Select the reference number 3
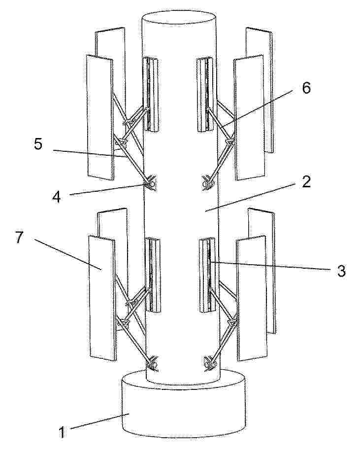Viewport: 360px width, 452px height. pyautogui.click(x=341, y=271)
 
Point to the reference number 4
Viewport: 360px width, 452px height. pyautogui.click(x=57, y=197)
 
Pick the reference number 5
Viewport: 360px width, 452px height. pyautogui.click(x=38, y=143)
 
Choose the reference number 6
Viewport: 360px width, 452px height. pyautogui.click(x=306, y=88)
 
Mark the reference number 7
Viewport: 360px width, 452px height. pyautogui.click(x=19, y=238)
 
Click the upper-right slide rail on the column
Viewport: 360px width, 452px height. pyautogui.click(x=205, y=95)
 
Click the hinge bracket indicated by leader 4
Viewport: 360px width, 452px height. pyautogui.click(x=151, y=183)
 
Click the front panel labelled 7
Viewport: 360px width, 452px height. pyautogui.click(x=102, y=298)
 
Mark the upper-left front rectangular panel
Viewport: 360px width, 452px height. pyautogui.click(x=100, y=118)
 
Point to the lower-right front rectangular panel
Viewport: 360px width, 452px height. pyautogui.click(x=252, y=298)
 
